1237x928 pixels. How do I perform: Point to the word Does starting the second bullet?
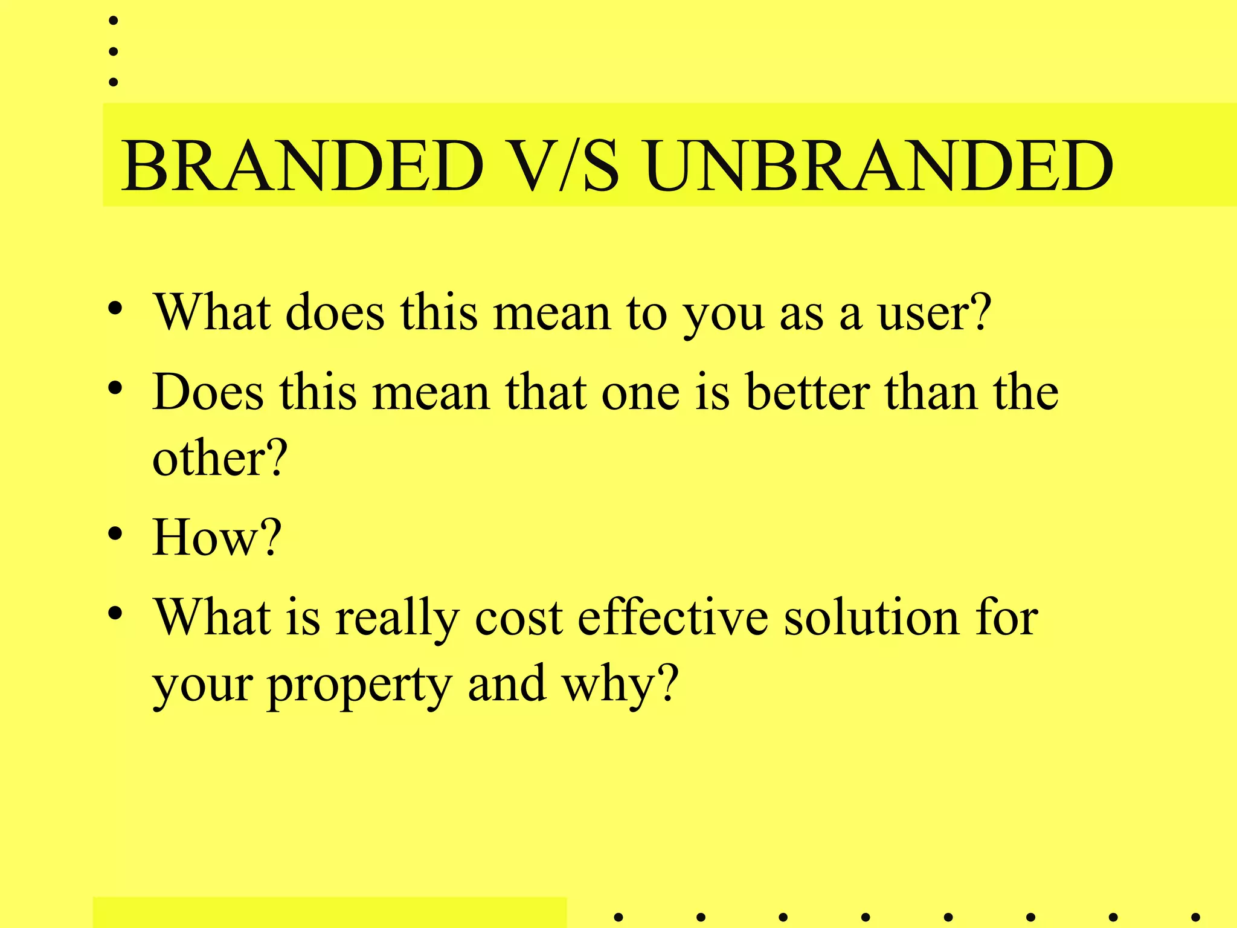pos(208,392)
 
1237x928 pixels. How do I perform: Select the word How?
pos(217,537)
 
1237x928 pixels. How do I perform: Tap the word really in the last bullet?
pos(397,619)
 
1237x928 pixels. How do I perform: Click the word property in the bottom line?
pos(359,686)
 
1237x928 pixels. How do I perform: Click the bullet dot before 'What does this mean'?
pos(115,309)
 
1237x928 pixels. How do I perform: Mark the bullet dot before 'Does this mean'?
pos(115,388)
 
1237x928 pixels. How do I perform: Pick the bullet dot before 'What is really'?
pos(115,614)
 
